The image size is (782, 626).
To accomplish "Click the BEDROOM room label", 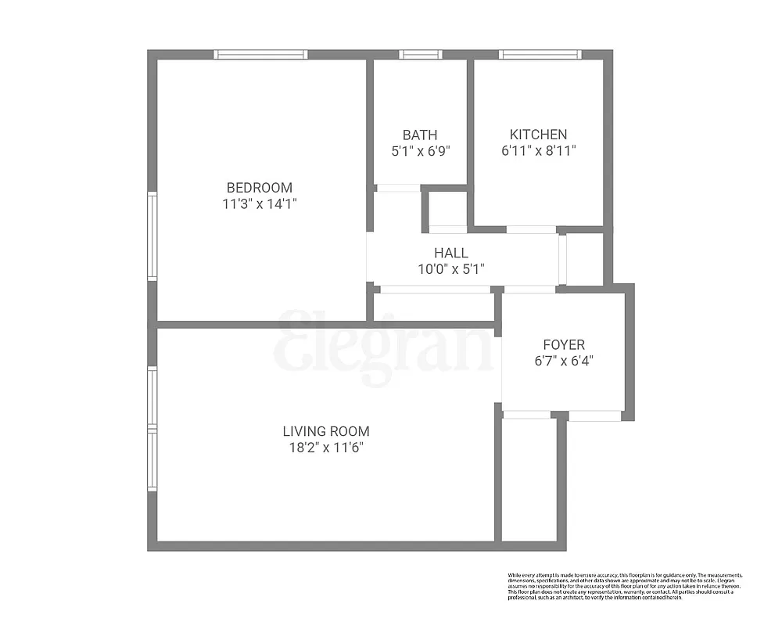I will point(259,188).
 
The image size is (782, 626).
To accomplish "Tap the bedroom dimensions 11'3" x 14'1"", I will point(259,204).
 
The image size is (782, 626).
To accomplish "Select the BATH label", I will point(420,135).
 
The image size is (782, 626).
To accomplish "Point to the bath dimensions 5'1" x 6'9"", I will point(421,152).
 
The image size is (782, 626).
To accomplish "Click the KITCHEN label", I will point(538,135).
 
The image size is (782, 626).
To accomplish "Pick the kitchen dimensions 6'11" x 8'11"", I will point(538,151).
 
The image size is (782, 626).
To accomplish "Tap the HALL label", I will point(451,253).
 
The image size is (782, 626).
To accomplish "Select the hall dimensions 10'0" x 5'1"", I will point(451,269).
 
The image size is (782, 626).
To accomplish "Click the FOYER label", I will point(564,344).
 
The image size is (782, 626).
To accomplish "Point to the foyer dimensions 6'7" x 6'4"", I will point(564,361).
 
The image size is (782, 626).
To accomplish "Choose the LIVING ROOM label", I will point(326,431).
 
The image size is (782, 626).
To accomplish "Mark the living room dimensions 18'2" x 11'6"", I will point(326,448).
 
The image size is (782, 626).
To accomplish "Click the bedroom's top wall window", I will point(260,55).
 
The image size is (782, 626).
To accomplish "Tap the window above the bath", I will point(421,55).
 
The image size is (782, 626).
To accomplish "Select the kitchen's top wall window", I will point(540,55).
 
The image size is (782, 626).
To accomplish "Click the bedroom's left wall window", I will point(152,236).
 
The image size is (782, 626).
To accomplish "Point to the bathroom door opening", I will point(397,188).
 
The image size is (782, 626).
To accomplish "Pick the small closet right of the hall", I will point(584,258).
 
